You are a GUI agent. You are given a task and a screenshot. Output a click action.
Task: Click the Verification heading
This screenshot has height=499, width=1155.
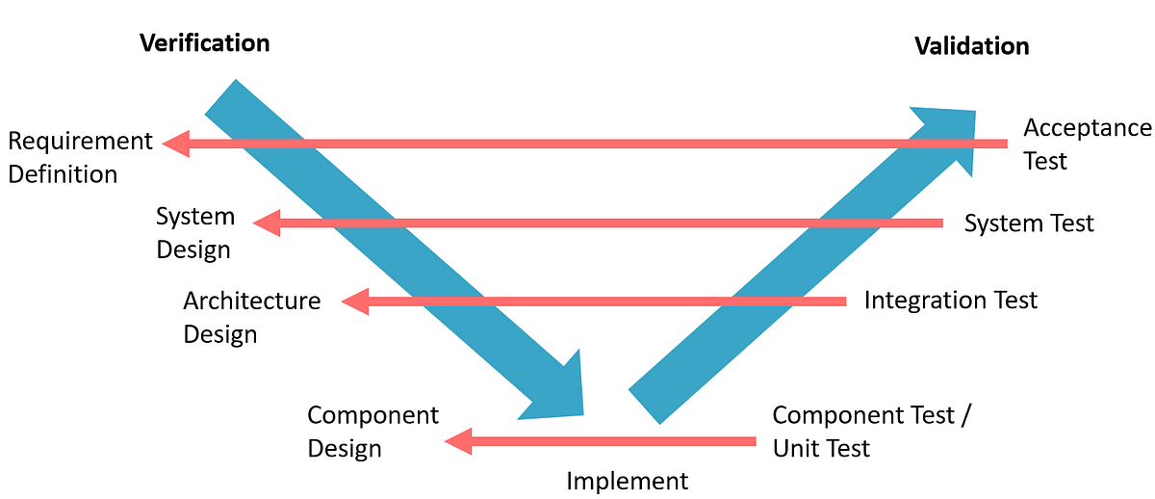click(204, 43)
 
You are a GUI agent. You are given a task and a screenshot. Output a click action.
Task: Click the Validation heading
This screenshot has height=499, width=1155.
click(971, 46)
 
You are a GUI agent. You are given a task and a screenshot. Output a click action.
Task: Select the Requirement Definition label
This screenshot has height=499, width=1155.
click(80, 158)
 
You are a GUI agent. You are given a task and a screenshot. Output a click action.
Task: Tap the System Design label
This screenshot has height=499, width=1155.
click(194, 233)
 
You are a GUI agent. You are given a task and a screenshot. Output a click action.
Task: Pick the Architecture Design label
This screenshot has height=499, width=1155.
click(251, 317)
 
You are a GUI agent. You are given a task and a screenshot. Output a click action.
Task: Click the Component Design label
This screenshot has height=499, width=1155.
click(372, 432)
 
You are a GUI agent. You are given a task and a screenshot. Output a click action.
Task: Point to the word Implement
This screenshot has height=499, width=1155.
click(628, 481)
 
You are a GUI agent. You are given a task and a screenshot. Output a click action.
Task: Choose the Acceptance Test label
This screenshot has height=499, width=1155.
click(1087, 144)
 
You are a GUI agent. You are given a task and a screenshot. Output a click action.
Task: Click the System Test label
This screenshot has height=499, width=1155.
click(1029, 223)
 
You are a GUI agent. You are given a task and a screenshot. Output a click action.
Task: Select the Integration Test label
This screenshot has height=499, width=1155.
click(951, 301)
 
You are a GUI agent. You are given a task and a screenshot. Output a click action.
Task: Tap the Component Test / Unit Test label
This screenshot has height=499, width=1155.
click(872, 432)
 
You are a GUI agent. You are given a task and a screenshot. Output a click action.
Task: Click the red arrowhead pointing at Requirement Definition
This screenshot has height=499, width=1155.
click(176, 144)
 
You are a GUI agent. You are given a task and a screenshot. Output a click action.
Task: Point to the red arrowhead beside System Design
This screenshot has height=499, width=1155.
click(266, 223)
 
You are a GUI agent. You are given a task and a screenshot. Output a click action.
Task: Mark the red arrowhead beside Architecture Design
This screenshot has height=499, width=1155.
click(354, 302)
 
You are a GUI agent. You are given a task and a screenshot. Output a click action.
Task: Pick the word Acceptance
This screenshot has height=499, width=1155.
click(1087, 128)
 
